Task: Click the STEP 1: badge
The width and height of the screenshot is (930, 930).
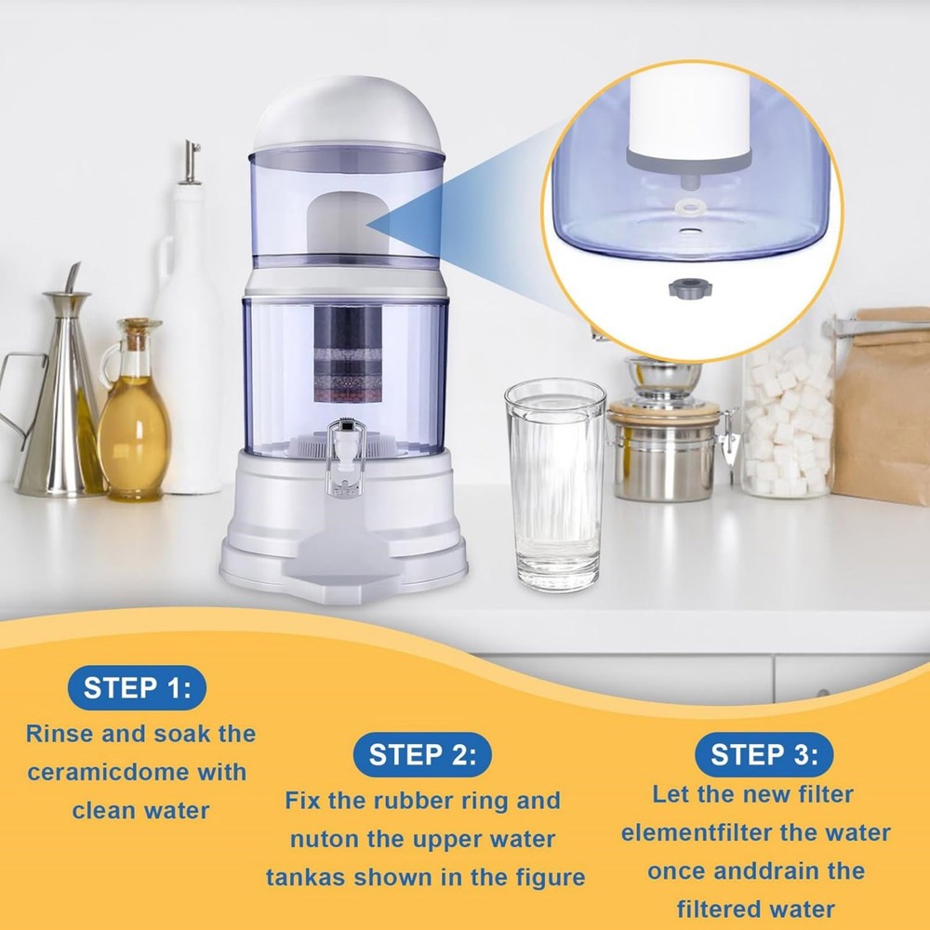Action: [x=137, y=689]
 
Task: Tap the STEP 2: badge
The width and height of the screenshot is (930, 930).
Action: [x=423, y=754]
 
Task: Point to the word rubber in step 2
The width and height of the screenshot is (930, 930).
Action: [x=420, y=801]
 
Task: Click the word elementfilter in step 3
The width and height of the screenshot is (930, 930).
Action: [x=697, y=833]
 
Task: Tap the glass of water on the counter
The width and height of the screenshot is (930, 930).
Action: [x=555, y=484]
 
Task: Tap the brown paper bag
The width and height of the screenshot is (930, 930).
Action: [x=883, y=409]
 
